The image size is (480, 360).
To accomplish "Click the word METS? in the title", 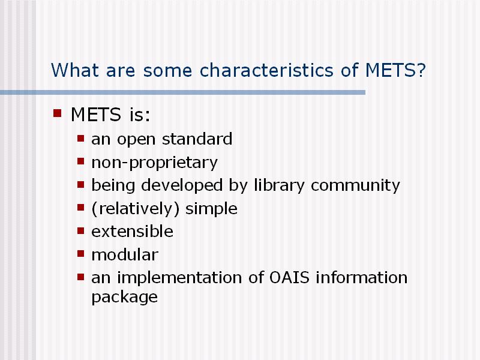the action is pos(395,70).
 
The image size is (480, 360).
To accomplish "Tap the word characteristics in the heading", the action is pos(266,70).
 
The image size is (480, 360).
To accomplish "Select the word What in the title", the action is pos(74,70).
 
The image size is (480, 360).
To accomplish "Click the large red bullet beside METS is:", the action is pos(57,113).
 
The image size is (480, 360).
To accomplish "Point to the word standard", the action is pos(197,139).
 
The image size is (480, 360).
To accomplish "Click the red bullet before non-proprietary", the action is pos(80,161).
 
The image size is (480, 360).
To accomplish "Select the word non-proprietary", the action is pos(155,163).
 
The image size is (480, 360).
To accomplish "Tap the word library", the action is pos(279,185).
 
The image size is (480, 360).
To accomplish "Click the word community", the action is pos(355,186).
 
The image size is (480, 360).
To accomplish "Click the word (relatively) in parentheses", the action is pos(136,209).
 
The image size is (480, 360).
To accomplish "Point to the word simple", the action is pos(211,209).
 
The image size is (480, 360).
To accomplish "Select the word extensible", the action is pos(132,232).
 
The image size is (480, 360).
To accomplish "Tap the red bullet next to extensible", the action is pos(80,230).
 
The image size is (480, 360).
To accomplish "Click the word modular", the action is pos(125,254).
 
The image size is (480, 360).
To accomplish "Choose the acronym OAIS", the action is pos(289,278).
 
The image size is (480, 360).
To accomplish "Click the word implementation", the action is pos(179,278).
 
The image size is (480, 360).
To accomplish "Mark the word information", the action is pos(362,278).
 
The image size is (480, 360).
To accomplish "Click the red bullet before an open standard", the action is pos(80,139).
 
